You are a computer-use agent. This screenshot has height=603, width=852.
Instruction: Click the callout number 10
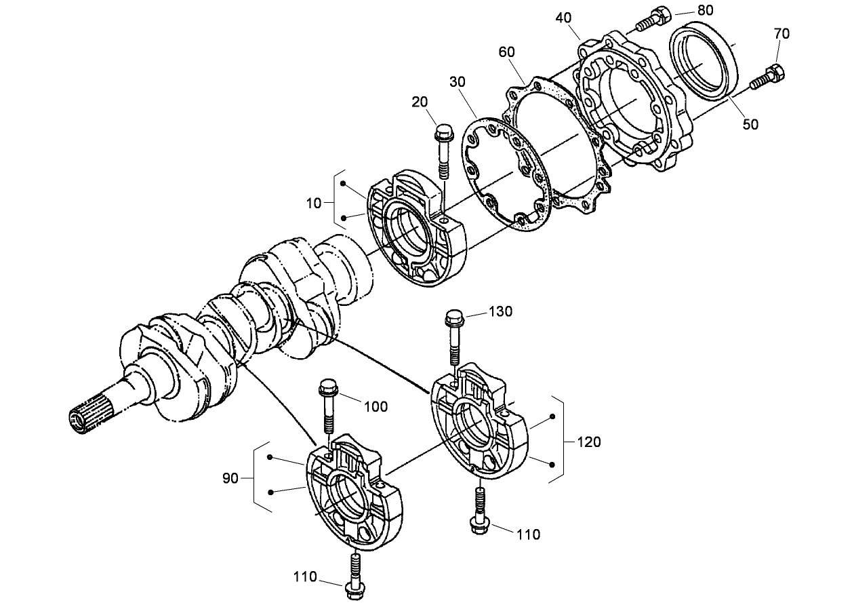[x=313, y=202]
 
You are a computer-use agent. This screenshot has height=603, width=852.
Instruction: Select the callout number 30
[x=457, y=81]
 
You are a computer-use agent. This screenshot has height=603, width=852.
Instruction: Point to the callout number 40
[x=563, y=18]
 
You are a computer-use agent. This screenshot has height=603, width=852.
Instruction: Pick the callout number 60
[x=507, y=52]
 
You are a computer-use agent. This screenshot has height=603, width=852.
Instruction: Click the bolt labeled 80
[x=652, y=18]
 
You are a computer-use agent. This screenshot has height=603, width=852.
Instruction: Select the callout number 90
[x=230, y=478]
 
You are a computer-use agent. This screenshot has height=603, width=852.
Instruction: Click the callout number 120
[x=588, y=442]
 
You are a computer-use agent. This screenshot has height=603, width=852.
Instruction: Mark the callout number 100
[x=376, y=406]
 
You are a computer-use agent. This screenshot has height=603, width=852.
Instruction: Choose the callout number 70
[x=781, y=33]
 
